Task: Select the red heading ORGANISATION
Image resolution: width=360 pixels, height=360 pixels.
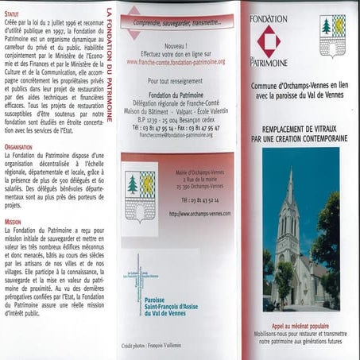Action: tap(18, 147)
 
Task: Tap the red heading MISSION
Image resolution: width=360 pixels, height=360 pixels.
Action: tap(13, 222)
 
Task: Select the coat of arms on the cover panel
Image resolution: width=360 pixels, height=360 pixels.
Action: tap(331, 35)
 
